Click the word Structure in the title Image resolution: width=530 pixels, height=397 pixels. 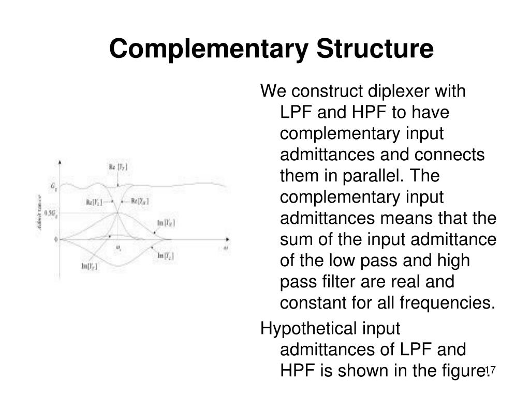(x=375, y=49)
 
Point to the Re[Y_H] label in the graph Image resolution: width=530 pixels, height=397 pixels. (x=140, y=201)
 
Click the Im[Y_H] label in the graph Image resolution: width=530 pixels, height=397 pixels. (x=166, y=223)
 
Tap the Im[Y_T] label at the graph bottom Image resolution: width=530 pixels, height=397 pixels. (x=89, y=266)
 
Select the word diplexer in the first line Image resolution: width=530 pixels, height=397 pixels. (x=402, y=91)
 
